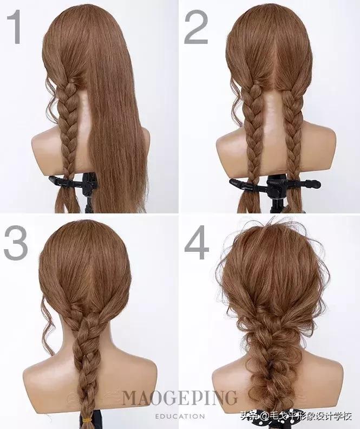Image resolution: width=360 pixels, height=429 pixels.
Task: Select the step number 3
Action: pos(16,243)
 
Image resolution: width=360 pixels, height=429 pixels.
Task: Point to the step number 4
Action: pos(197,243)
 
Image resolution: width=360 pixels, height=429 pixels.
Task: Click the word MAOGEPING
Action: pos(179,398)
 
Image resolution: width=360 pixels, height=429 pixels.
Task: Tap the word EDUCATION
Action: pos(180,417)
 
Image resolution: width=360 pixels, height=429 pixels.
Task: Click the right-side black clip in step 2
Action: pos(303,184)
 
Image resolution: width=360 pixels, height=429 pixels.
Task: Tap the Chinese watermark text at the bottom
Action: pos(296,417)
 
